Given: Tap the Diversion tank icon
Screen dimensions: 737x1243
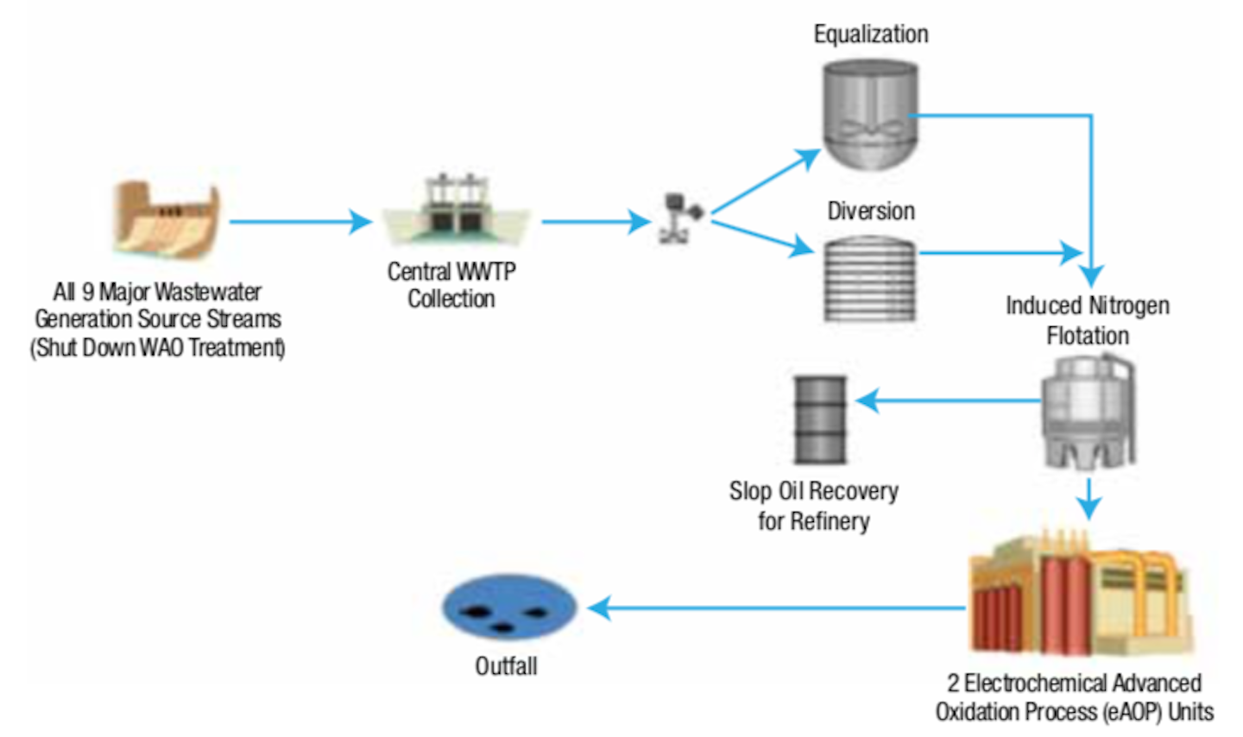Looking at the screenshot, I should (x=869, y=278).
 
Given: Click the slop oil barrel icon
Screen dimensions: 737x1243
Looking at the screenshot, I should (x=820, y=419).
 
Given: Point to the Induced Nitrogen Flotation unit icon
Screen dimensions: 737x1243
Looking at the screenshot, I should (x=1088, y=413).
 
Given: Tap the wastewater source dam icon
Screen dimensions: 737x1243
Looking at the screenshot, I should (x=167, y=219).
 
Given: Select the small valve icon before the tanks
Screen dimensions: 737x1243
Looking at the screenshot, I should (x=680, y=217).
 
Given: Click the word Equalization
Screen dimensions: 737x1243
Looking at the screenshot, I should (x=871, y=35).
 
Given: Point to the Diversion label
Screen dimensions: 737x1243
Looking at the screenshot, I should (x=871, y=211).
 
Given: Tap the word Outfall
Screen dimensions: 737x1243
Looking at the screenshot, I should (x=506, y=666).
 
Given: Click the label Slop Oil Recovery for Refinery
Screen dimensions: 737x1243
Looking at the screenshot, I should (x=813, y=506).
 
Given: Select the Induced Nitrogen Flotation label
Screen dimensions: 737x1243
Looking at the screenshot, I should (x=1088, y=320).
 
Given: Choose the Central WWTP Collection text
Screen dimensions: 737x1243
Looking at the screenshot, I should (x=451, y=285).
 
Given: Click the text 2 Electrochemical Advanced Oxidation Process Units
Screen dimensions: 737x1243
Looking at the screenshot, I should (x=1075, y=697).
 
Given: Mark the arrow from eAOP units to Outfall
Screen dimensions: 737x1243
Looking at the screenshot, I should (x=777, y=608).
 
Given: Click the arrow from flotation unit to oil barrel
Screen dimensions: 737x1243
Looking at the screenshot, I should (x=950, y=400).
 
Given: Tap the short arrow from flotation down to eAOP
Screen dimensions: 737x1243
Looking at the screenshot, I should (x=1089, y=498).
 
